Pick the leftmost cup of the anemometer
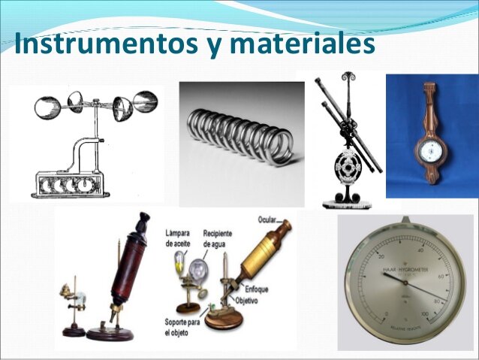coord(46,105)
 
